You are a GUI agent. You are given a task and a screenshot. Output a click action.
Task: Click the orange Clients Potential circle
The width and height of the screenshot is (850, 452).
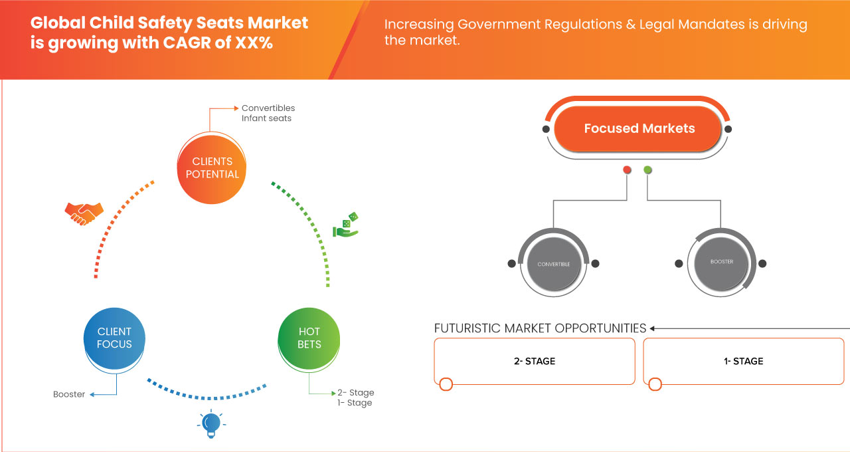coord(212,168)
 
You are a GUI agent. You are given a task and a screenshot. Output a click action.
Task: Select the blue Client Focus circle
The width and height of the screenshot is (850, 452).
coord(114,338)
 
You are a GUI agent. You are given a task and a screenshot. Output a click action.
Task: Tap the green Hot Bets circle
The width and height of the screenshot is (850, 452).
coord(309,338)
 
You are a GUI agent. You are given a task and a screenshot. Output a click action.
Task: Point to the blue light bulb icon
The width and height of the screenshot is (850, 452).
coord(211,423)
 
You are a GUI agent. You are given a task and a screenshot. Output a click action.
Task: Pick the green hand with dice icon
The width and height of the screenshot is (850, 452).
coord(345,225)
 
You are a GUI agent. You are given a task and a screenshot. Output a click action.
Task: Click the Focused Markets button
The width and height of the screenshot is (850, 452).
coord(639,128)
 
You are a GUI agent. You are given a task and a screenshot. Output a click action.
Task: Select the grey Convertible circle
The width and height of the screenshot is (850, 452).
coord(553,264)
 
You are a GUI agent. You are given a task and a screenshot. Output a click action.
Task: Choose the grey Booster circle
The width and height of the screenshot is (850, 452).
coord(721,262)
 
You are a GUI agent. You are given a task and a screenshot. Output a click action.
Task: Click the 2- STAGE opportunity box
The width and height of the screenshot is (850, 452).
coord(535,361)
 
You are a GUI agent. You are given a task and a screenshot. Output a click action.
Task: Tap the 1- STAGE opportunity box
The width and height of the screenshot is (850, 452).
coord(743,361)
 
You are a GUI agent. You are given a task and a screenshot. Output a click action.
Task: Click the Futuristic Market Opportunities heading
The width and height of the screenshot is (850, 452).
coord(540,328)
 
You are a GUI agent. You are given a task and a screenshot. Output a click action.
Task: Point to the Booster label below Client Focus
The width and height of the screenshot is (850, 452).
coord(69,394)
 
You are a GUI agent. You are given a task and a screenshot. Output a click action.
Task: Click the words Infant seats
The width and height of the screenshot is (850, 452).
coord(266,118)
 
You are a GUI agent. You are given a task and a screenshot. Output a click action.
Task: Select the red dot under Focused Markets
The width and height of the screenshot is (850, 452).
coord(627,170)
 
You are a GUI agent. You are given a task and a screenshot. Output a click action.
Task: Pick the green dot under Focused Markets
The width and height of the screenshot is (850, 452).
coord(647,170)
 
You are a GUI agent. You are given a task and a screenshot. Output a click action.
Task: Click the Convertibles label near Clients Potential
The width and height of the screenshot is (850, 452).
coord(268,108)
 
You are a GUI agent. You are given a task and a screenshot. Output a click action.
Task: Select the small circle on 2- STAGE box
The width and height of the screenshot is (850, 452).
coord(446,384)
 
